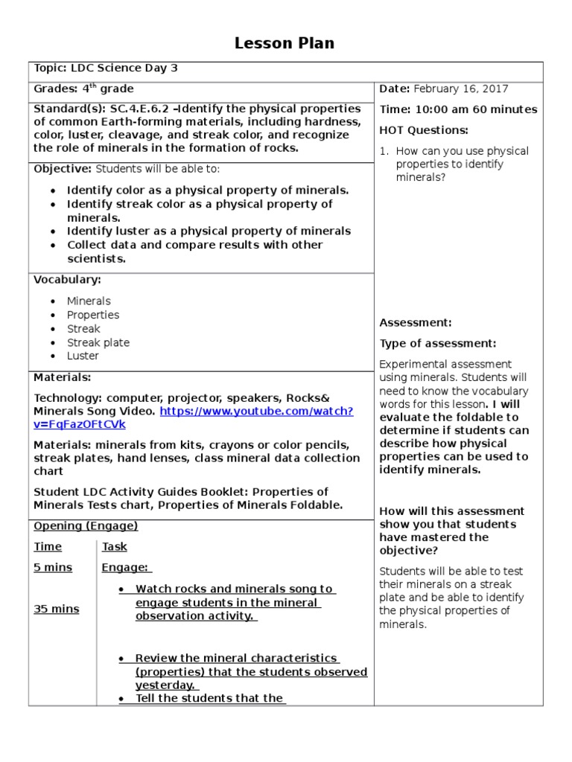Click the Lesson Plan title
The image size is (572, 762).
[285, 43]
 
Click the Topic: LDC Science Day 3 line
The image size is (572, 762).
[106, 68]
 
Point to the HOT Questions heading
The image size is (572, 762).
[424, 130]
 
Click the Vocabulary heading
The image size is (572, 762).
[68, 280]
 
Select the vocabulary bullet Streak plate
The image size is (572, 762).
[98, 342]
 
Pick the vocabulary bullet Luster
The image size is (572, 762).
[83, 356]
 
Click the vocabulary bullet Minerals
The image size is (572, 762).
[89, 301]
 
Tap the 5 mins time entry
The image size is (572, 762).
[53, 567]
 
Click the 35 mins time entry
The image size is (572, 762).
[56, 609]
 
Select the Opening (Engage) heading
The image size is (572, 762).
[86, 525]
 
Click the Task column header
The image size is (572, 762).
[115, 546]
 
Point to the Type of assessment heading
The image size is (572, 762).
[438, 343]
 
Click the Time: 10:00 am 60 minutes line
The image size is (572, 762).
[458, 109]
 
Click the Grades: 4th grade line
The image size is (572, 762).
[83, 89]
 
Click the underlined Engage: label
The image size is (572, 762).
[126, 567]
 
